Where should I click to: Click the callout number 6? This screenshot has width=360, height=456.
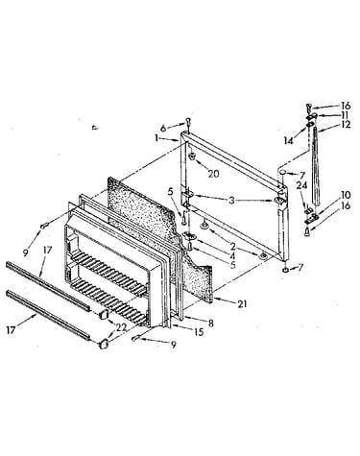pyautogui.click(x=163, y=129)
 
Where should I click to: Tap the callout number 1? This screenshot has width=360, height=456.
pyautogui.click(x=156, y=138)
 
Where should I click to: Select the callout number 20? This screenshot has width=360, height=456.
pyautogui.click(x=214, y=174)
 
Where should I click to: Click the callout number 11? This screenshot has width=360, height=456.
pyautogui.click(x=345, y=115)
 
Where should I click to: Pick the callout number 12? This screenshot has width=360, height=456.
pyautogui.click(x=346, y=124)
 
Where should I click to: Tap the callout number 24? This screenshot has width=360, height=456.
pyautogui.click(x=301, y=185)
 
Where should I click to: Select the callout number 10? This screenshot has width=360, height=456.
pyautogui.click(x=346, y=195)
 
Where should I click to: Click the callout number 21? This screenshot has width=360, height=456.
pyautogui.click(x=242, y=303)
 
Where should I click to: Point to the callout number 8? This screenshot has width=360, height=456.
pyautogui.click(x=210, y=324)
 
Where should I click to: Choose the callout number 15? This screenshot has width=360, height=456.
pyautogui.click(x=199, y=332)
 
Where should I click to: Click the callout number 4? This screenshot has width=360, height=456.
pyautogui.click(x=232, y=256)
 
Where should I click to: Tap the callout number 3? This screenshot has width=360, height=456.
pyautogui.click(x=231, y=201)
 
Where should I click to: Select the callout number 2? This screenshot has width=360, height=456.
pyautogui.click(x=232, y=246)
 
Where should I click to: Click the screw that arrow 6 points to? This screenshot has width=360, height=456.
pyautogui.click(x=188, y=123)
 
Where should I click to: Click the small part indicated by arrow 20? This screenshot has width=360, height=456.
pyautogui.click(x=192, y=156)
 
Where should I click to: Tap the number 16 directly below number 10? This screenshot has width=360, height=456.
pyautogui.click(x=346, y=205)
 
